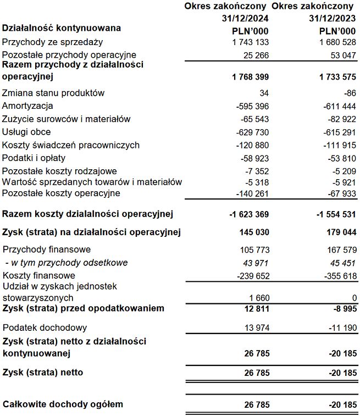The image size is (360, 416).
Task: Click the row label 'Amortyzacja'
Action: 27,106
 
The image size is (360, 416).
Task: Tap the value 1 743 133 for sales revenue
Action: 251,42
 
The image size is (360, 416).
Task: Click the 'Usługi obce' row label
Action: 26,132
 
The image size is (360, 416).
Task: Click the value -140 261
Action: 253,193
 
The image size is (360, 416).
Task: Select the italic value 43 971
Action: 256,263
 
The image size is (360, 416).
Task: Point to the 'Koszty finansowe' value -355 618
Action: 337,276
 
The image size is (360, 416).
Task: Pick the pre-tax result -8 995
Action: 341,309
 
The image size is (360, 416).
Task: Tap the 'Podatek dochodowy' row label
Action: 45,328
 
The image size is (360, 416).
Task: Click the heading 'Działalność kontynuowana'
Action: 62,28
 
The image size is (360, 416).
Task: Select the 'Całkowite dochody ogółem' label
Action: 63,404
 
